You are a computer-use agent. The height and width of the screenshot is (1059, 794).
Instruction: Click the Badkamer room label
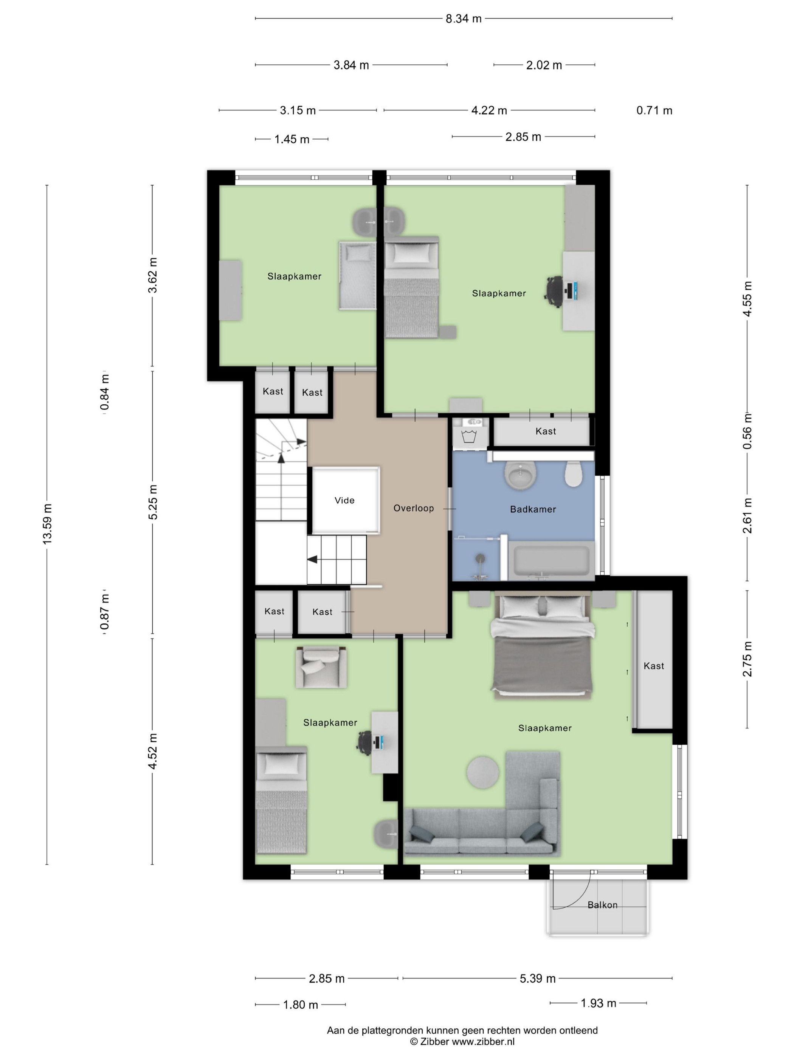pyautogui.click(x=533, y=509)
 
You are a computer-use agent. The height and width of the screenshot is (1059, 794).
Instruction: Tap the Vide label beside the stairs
pyautogui.click(x=344, y=500)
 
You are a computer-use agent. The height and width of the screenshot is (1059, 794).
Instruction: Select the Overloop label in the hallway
pyautogui.click(x=414, y=508)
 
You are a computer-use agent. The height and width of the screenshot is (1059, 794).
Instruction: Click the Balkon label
pyautogui.click(x=602, y=905)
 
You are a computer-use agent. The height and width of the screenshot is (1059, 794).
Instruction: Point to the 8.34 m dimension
pyautogui.click(x=463, y=19)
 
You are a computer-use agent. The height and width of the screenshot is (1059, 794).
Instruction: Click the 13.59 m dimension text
pyautogui.click(x=47, y=524)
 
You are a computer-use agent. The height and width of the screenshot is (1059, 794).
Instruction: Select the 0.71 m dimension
pyautogui.click(x=654, y=110)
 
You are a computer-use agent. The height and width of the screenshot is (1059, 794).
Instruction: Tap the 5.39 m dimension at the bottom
pyautogui.click(x=538, y=978)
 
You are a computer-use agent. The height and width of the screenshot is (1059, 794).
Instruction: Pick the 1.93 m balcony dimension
pyautogui.click(x=598, y=1003)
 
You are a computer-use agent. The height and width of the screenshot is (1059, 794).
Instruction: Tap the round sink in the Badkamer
pyautogui.click(x=520, y=475)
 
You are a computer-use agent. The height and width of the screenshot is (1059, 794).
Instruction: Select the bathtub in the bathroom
pyautogui.click(x=551, y=560)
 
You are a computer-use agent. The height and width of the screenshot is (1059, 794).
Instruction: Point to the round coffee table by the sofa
pyautogui.click(x=482, y=772)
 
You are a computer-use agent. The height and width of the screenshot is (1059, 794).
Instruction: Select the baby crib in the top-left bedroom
pyautogui.click(x=357, y=275)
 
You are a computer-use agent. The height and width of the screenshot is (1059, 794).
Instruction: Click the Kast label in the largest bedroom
pyautogui.click(x=653, y=666)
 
